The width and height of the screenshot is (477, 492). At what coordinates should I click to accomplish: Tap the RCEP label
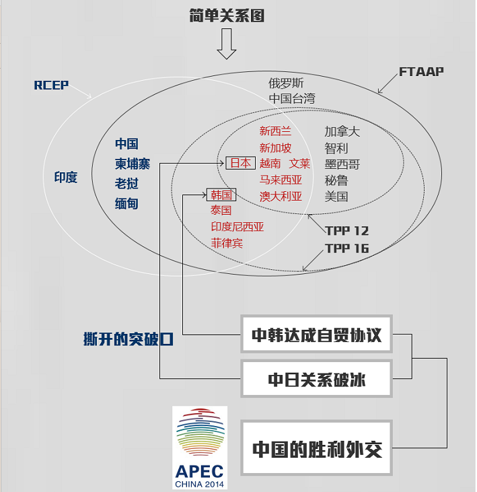coord(51,85)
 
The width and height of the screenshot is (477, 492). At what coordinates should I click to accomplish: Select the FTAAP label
coord(421,71)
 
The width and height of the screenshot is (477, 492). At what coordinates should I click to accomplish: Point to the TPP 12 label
coord(346,231)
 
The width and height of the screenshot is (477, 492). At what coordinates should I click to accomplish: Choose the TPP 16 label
coord(346,248)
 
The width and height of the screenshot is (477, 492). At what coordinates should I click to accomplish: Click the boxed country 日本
coord(240,163)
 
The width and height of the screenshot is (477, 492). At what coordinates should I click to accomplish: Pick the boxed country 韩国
coord(221,195)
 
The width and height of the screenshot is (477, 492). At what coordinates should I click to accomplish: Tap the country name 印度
coord(66,177)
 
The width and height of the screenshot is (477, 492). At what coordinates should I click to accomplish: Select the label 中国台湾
coord(291,99)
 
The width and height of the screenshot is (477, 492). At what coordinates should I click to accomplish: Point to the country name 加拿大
coord(342,131)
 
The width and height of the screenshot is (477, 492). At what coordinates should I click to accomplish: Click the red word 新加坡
coord(276,147)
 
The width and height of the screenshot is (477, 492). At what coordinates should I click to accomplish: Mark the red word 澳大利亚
coord(281,197)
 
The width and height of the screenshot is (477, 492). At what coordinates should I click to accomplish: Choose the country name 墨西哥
coord(342,164)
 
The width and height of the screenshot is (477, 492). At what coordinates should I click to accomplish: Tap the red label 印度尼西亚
coord(237,227)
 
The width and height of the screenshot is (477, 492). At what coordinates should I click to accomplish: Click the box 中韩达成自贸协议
coord(316,335)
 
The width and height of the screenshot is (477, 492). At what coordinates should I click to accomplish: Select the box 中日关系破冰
coord(316,379)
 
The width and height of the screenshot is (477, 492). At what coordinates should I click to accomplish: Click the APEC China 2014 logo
coord(200,448)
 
